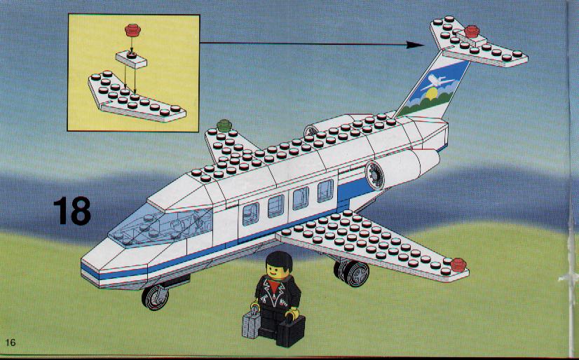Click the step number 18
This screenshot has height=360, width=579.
click(x=72, y=211)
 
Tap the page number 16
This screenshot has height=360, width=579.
click(x=11, y=342)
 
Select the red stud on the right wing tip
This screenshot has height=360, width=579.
click(x=458, y=265)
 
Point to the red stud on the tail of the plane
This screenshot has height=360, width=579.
click(x=472, y=32)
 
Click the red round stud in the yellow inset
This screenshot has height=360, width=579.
click(x=133, y=30)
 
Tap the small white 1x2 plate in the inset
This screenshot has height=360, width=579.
click(x=131, y=60)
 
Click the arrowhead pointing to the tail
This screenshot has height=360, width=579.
click(x=415, y=45)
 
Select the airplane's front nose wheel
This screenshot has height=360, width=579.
click(x=155, y=297)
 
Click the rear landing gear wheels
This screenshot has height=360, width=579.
click(x=352, y=273)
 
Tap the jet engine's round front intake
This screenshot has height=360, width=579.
click(x=375, y=176)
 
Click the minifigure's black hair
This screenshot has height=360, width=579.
click(x=279, y=261)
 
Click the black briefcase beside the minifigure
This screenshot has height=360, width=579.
click(x=290, y=331)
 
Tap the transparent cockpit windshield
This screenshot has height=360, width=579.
click(x=163, y=226)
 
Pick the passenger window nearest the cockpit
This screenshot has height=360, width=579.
click(x=251, y=214)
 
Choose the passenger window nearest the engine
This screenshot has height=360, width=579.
click(x=325, y=191)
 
